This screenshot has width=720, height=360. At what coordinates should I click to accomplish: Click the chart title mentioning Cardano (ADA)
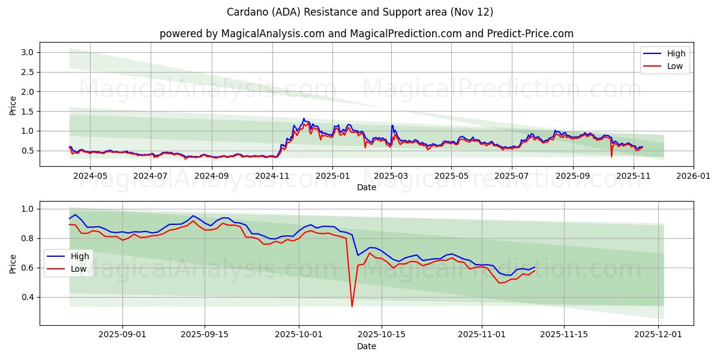360,12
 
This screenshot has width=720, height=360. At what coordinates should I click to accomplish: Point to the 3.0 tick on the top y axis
26,52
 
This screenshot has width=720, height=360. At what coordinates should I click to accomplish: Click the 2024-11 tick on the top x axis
272,176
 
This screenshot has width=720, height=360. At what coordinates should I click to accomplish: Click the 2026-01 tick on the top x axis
694,176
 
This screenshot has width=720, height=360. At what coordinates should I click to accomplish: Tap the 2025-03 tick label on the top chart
391,176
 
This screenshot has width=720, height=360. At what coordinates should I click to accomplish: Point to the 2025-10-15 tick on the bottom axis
381,335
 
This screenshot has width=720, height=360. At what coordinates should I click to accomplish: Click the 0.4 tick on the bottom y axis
26,297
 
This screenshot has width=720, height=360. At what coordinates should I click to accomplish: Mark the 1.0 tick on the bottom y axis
26,209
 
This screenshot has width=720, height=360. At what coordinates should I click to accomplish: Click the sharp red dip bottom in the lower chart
352,307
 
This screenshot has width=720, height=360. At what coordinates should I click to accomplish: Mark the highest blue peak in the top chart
304,118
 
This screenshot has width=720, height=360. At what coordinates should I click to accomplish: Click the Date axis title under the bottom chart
366,346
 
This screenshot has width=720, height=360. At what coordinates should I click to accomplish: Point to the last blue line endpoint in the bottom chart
535,267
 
